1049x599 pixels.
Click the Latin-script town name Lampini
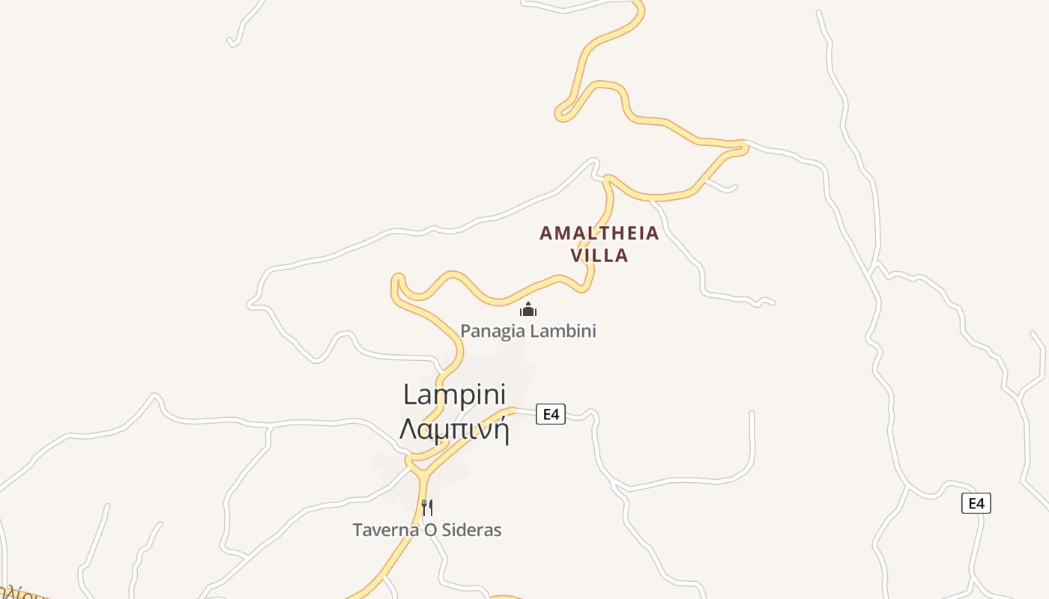tap(454, 395)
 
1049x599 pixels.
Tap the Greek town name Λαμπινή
tap(454, 430)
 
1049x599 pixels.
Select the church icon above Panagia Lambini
tap(528, 309)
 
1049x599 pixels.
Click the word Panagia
tap(488, 331)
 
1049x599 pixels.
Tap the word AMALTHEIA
tap(599, 234)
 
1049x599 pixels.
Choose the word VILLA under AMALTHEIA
tap(599, 255)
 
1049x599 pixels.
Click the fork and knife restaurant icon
tap(427, 508)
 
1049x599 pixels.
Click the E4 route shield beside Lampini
tap(551, 414)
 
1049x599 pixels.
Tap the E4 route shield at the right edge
tap(976, 503)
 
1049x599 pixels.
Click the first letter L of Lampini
tap(409, 395)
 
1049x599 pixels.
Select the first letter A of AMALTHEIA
tap(545, 234)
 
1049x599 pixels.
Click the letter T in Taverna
tap(357, 530)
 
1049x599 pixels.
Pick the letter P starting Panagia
tap(465, 331)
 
